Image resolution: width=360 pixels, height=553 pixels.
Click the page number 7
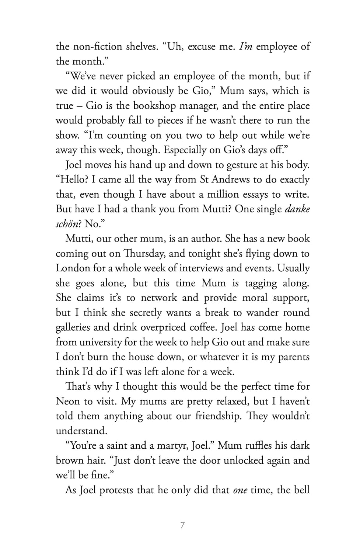tap(182, 525)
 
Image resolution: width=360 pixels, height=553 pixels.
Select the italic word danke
tap(298, 209)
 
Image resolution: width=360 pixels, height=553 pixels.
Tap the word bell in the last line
tap(302, 490)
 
